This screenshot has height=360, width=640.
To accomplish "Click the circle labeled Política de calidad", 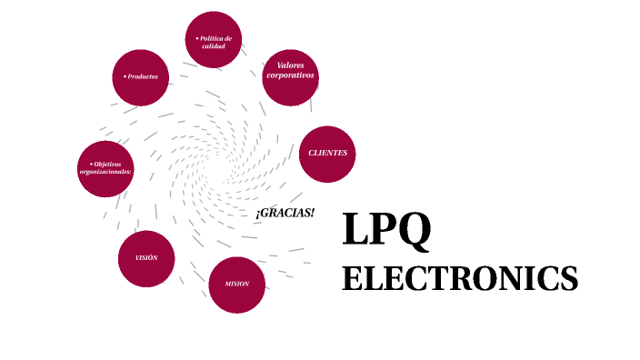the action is tap(214, 41).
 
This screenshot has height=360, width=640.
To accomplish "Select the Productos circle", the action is tap(141, 76).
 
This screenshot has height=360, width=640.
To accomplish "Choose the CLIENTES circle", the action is tap(327, 153).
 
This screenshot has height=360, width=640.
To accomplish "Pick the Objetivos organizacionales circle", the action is tap(106, 169).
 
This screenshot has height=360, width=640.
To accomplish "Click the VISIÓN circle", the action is tap(146, 258).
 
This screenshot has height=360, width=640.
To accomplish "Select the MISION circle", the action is tap(237, 284).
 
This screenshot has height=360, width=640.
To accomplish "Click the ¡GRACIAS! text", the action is tap(285, 212).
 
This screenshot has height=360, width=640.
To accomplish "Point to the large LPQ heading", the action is tap(385, 230).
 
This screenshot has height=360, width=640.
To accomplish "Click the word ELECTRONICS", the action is tap(460, 278).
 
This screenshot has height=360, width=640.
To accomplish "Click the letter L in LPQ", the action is tap(355, 230).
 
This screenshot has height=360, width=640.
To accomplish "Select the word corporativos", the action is tap(291, 75).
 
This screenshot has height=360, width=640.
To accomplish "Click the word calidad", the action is tap(214, 46).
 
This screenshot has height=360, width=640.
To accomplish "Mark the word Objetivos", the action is tap(106, 164).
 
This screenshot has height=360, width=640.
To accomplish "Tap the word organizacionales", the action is tap(105, 172).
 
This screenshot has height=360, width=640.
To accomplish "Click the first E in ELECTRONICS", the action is tap(353, 278).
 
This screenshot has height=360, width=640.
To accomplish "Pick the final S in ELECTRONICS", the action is tap(569, 278).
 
